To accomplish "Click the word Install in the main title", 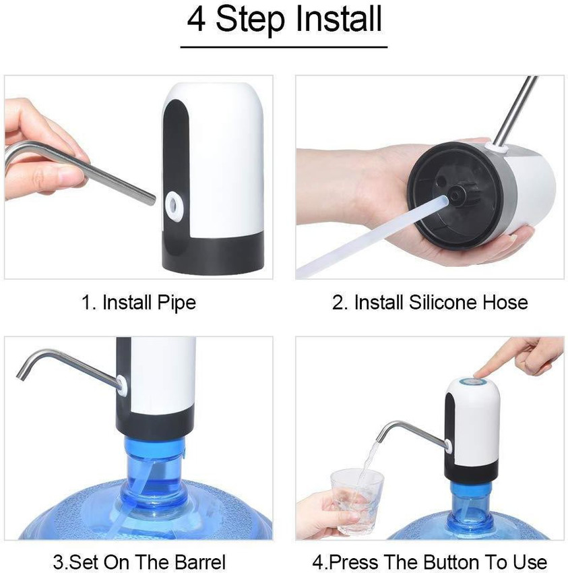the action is click(339, 18).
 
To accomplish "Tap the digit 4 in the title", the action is click(196, 19).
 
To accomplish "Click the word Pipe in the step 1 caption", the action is click(177, 303).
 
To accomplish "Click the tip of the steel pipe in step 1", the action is click(152, 201).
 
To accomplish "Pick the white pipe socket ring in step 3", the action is click(121, 386).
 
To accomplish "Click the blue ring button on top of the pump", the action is click(473, 382).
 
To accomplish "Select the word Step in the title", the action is click(250, 20).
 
